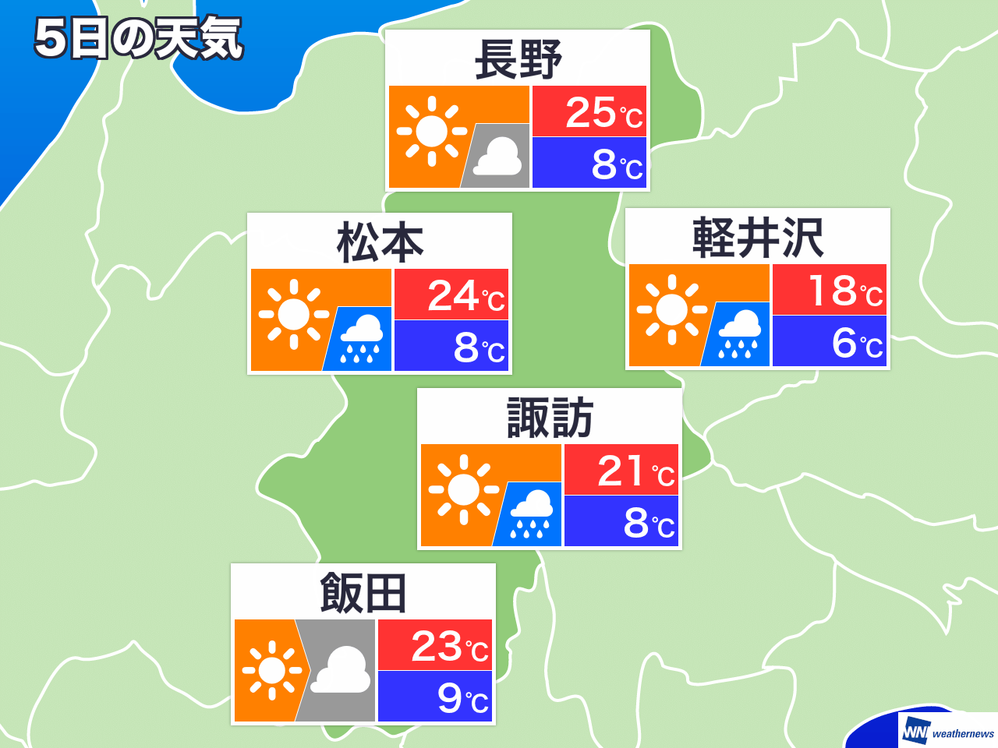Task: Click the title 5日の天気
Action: pos(139,39)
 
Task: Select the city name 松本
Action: pos(380,242)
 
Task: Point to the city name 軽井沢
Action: pos(758,238)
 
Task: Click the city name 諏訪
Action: pos(550,418)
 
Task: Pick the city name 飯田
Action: pos(363,593)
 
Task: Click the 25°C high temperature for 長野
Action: pos(603,113)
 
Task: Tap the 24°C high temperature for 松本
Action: pos(465,296)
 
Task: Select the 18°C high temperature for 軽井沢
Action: pos(844,291)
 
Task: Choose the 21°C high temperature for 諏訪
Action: pos(635,471)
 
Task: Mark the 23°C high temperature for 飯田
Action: pos(449,647)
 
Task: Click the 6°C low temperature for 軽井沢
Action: pos(857,343)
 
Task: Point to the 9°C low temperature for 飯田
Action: pos(462,697)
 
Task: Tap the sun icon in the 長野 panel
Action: pos(432,132)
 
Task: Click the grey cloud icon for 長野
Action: pos(497,157)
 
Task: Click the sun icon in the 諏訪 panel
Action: pos(464,489)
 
